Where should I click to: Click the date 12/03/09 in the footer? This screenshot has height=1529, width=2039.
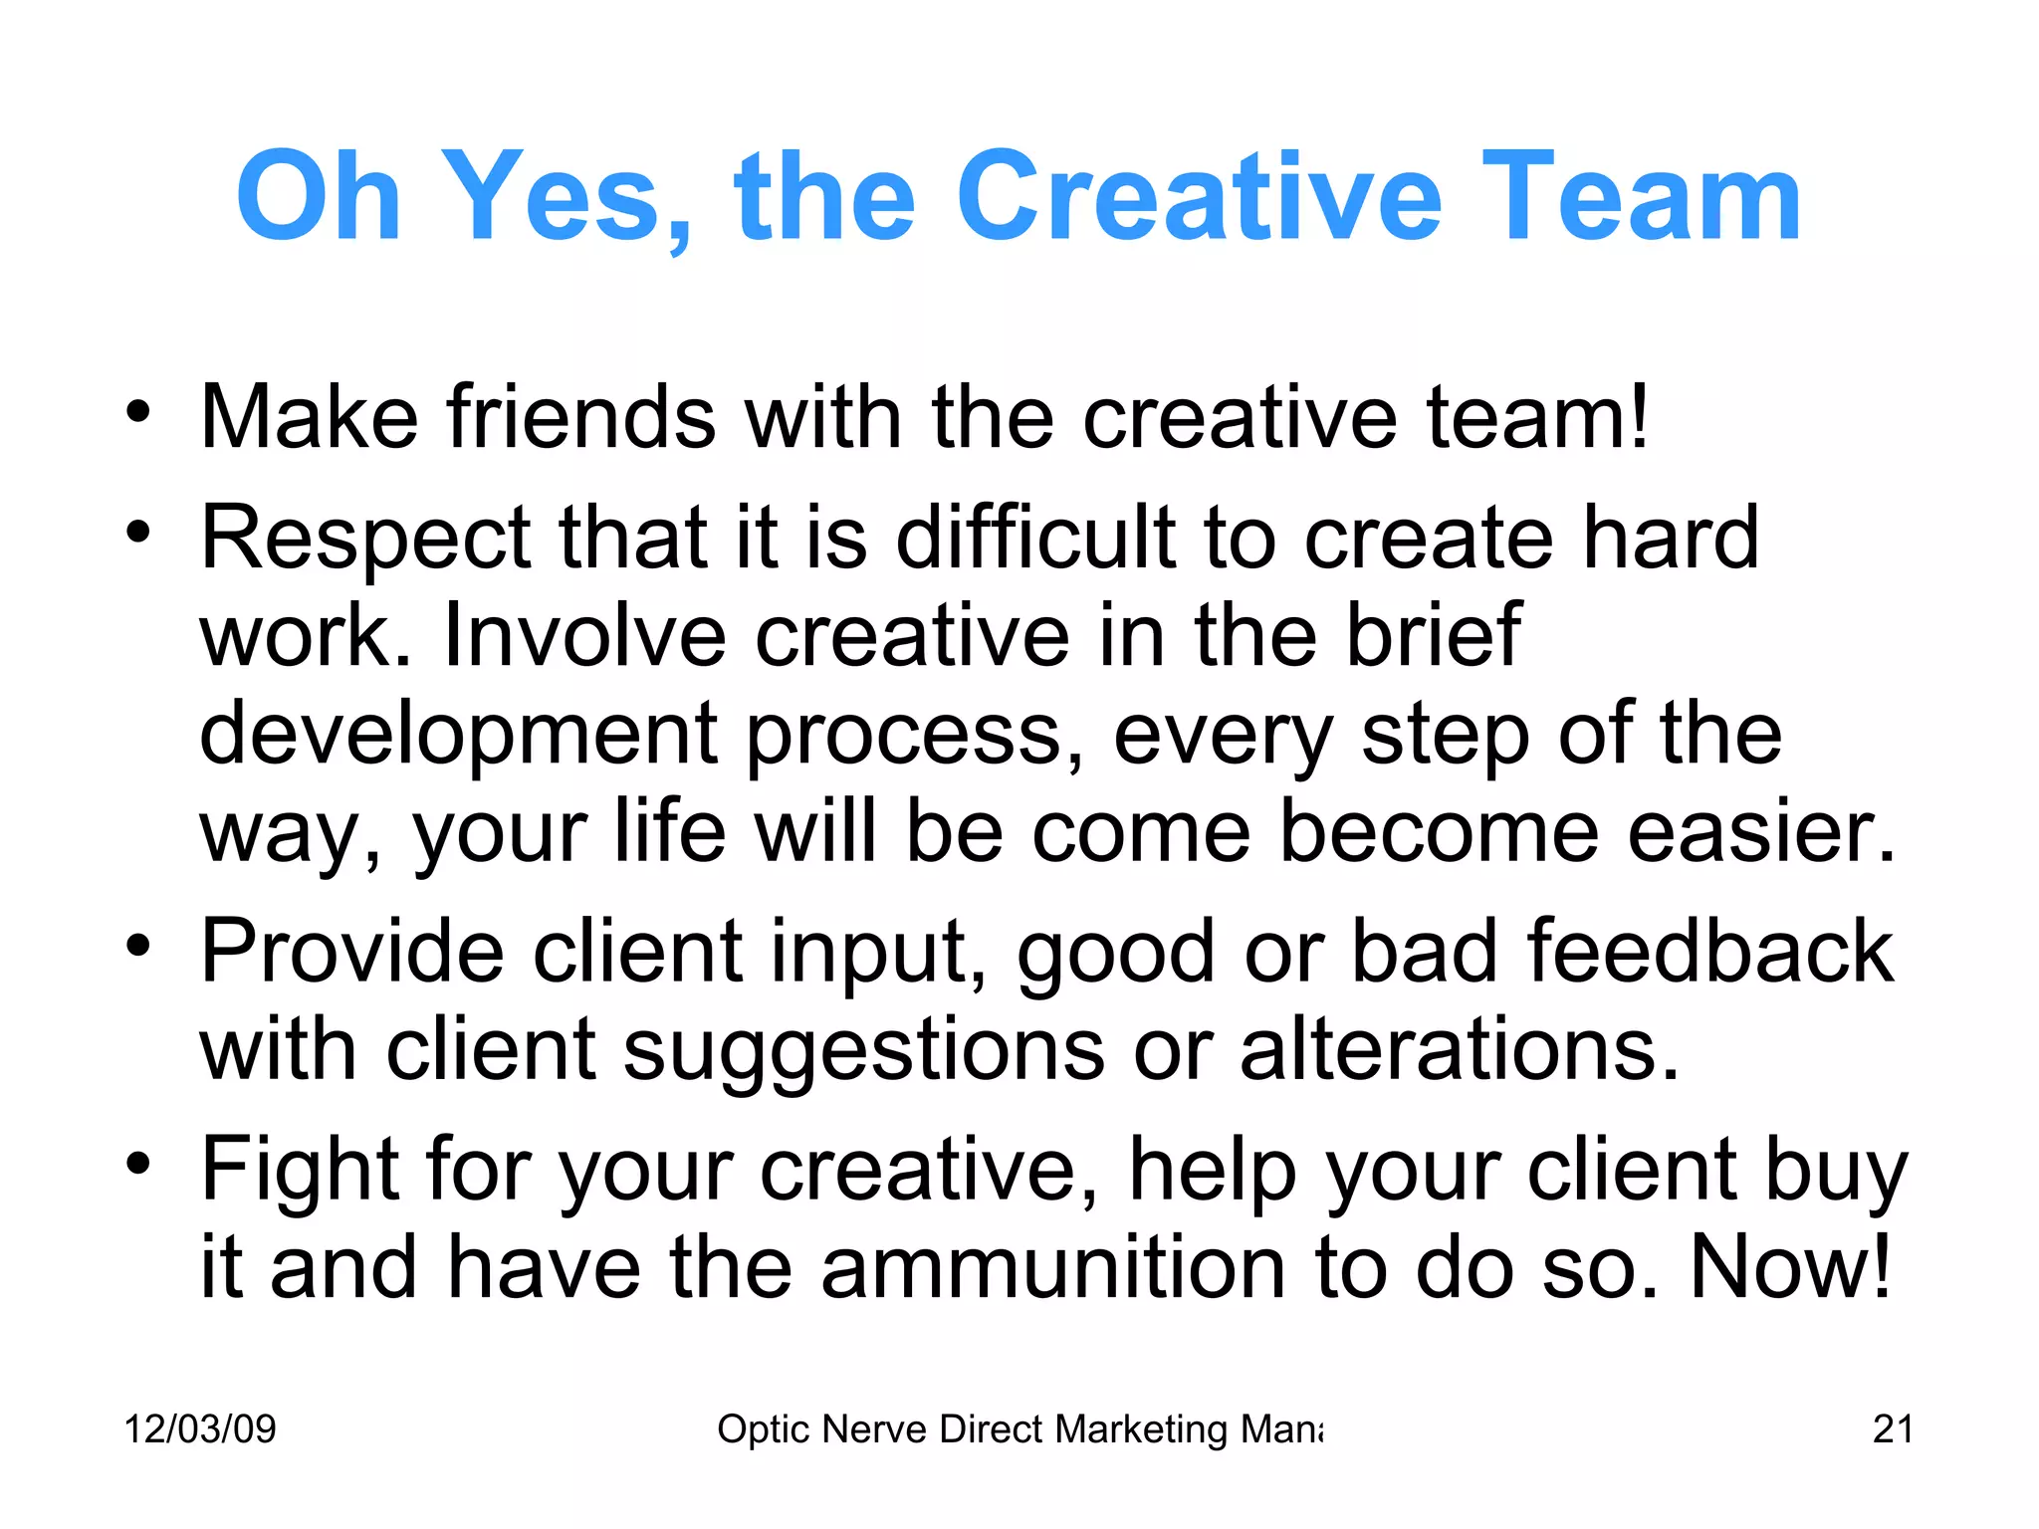click(200, 1429)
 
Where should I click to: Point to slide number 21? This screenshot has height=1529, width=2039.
click(1892, 1429)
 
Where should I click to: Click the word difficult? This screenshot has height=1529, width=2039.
click(1035, 538)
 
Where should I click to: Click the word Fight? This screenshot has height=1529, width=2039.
click(300, 1172)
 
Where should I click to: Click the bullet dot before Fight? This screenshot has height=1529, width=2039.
click(138, 1161)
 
